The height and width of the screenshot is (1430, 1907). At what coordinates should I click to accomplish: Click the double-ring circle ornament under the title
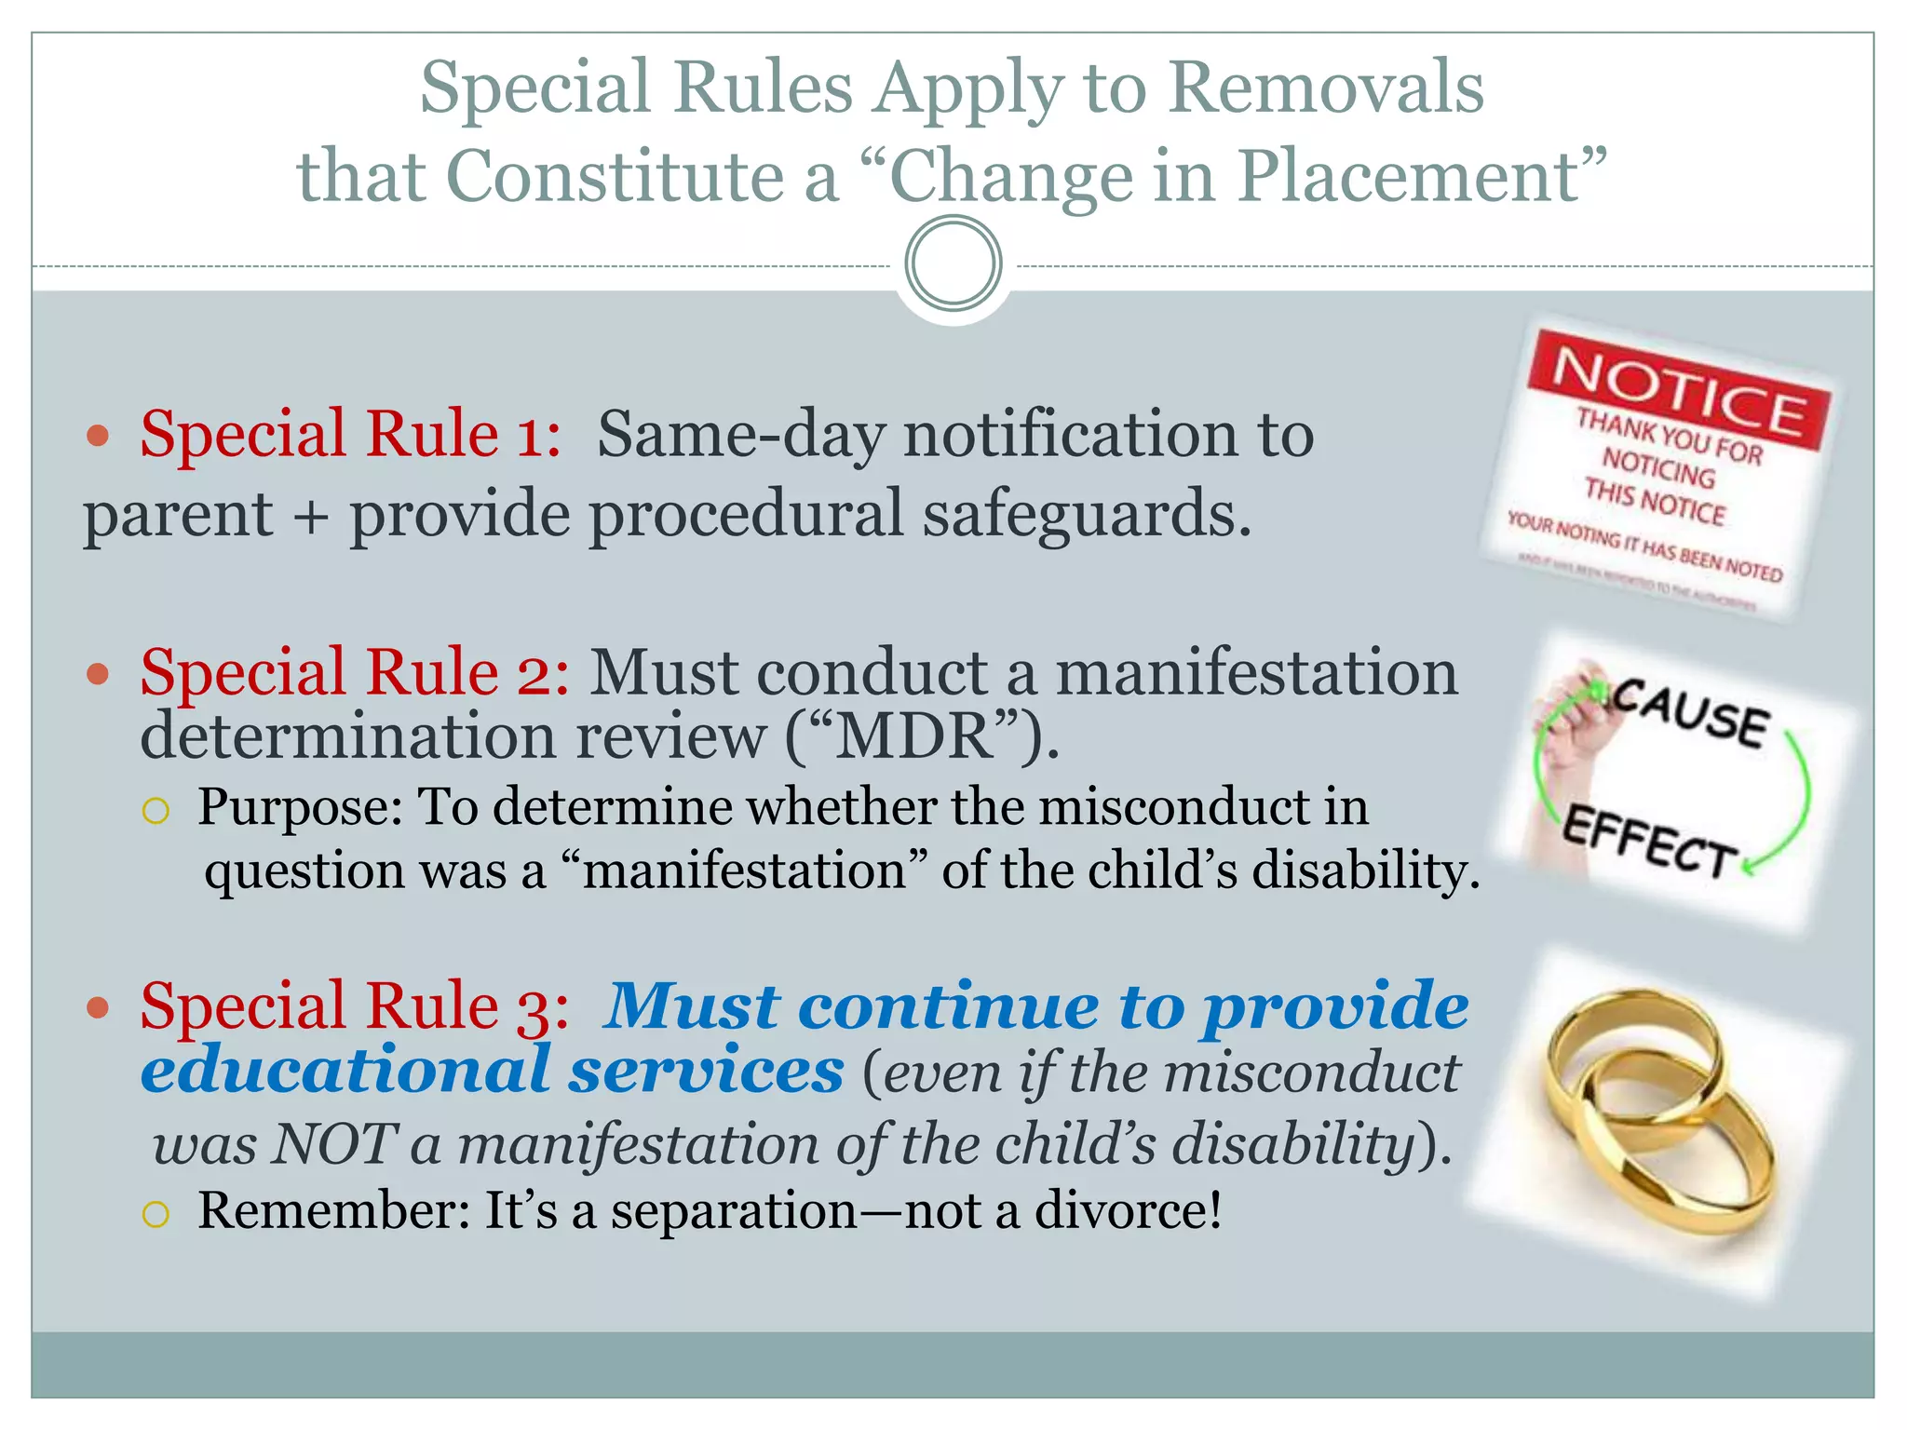tap(953, 263)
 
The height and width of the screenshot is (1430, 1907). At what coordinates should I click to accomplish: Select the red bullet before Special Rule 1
tap(98, 436)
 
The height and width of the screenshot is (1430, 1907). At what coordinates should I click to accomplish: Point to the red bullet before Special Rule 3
tap(98, 1007)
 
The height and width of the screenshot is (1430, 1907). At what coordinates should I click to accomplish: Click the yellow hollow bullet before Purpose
tap(156, 811)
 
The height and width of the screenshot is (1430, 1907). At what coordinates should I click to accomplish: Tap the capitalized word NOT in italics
tap(332, 1143)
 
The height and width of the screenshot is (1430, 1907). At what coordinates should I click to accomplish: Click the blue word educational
tap(345, 1072)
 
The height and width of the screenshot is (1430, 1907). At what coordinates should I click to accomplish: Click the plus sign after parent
tap(311, 516)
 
